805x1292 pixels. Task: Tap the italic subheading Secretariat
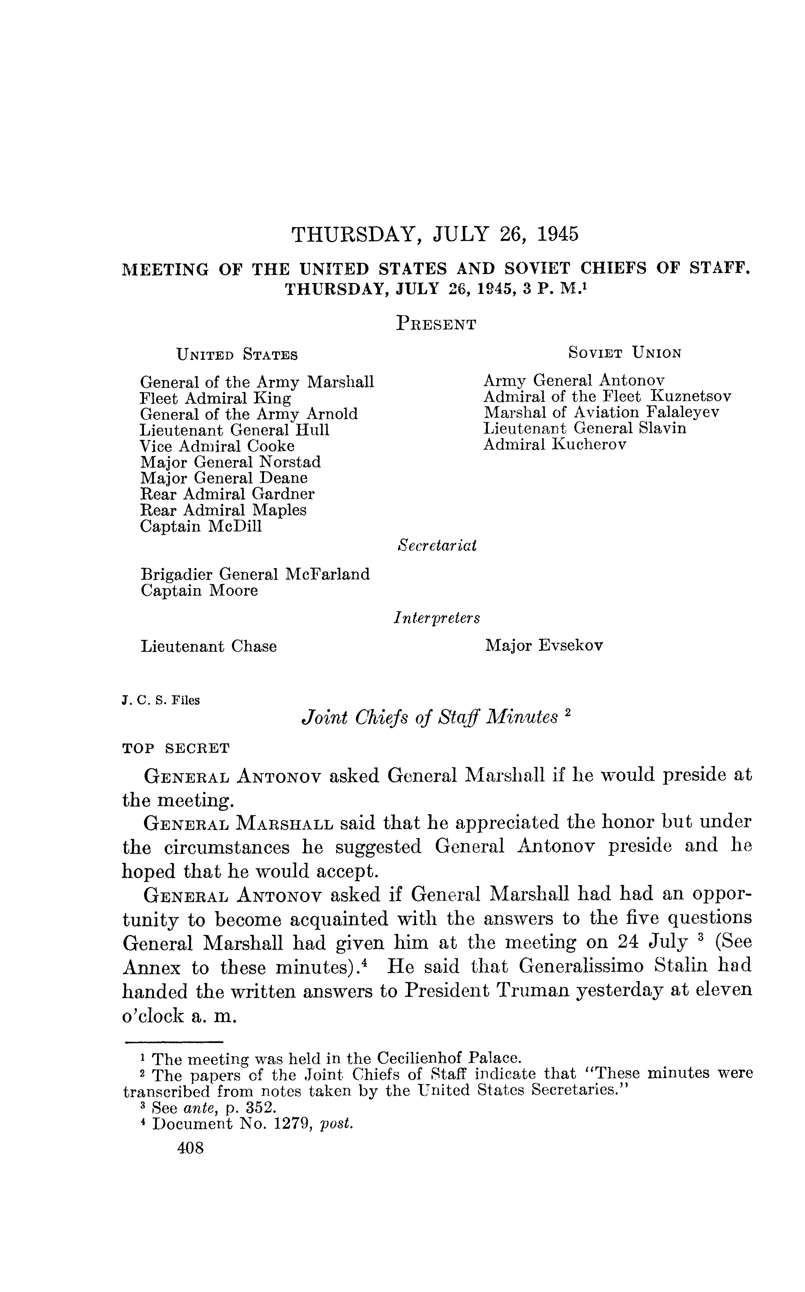437,545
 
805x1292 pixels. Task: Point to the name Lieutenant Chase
209,646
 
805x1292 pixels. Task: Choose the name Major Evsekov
544,646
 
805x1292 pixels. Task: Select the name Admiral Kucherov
555,445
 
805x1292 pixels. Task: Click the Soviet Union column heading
625,353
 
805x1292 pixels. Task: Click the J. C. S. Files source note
161,701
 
